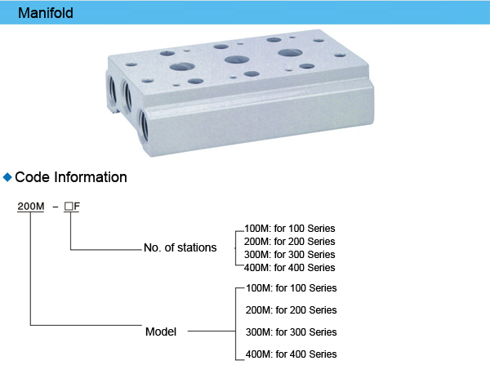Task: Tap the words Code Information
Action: pyautogui.click(x=71, y=177)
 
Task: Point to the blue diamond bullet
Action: pyautogui.click(x=8, y=176)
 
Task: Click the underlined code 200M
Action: pyautogui.click(x=31, y=207)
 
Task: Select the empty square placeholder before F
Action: pyautogui.click(x=69, y=207)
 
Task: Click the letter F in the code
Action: pyautogui.click(x=77, y=207)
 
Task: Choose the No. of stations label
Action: pyautogui.click(x=180, y=247)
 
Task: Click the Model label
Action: pyautogui.click(x=161, y=332)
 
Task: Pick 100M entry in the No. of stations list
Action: pyautogui.click(x=290, y=229)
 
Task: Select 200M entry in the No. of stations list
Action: pyautogui.click(x=290, y=242)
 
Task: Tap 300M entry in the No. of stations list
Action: pyautogui.click(x=290, y=255)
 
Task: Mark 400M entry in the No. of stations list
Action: pyautogui.click(x=290, y=268)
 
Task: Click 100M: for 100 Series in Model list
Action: pyautogui.click(x=291, y=288)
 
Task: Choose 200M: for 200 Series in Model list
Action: pyautogui.click(x=291, y=310)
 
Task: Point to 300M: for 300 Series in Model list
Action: pyautogui.click(x=291, y=332)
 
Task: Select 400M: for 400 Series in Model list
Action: pyautogui.click(x=291, y=354)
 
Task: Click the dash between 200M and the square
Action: pyautogui.click(x=54, y=207)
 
